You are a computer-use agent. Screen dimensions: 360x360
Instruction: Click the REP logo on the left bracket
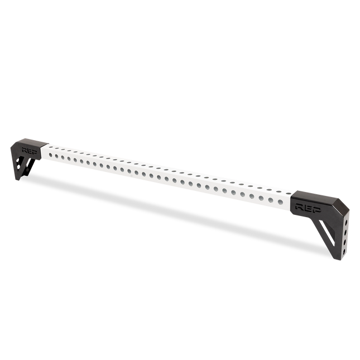pos(30,150)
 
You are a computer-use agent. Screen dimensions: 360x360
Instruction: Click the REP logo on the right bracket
pos(308,208)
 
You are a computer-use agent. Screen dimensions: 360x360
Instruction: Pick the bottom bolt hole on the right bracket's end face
pos(343,252)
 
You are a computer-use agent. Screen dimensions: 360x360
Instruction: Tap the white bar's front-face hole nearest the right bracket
pos(280,202)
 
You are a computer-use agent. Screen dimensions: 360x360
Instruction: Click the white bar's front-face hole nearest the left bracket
pos(50,155)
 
